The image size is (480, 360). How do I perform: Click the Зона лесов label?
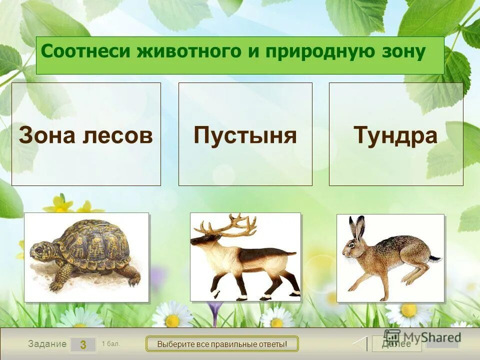tap(86, 135)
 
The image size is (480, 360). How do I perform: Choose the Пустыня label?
tap(245, 135)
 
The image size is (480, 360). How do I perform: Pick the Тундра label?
tap(395, 135)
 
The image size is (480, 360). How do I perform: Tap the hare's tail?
tap(436, 258)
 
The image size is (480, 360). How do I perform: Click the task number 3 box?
tap(83, 344)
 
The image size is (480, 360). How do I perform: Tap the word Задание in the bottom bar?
tap(47, 344)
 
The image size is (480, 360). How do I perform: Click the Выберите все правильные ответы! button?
tap(222, 344)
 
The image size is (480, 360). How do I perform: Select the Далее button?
tap(396, 344)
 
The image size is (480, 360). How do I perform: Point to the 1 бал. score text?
tap(110, 343)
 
